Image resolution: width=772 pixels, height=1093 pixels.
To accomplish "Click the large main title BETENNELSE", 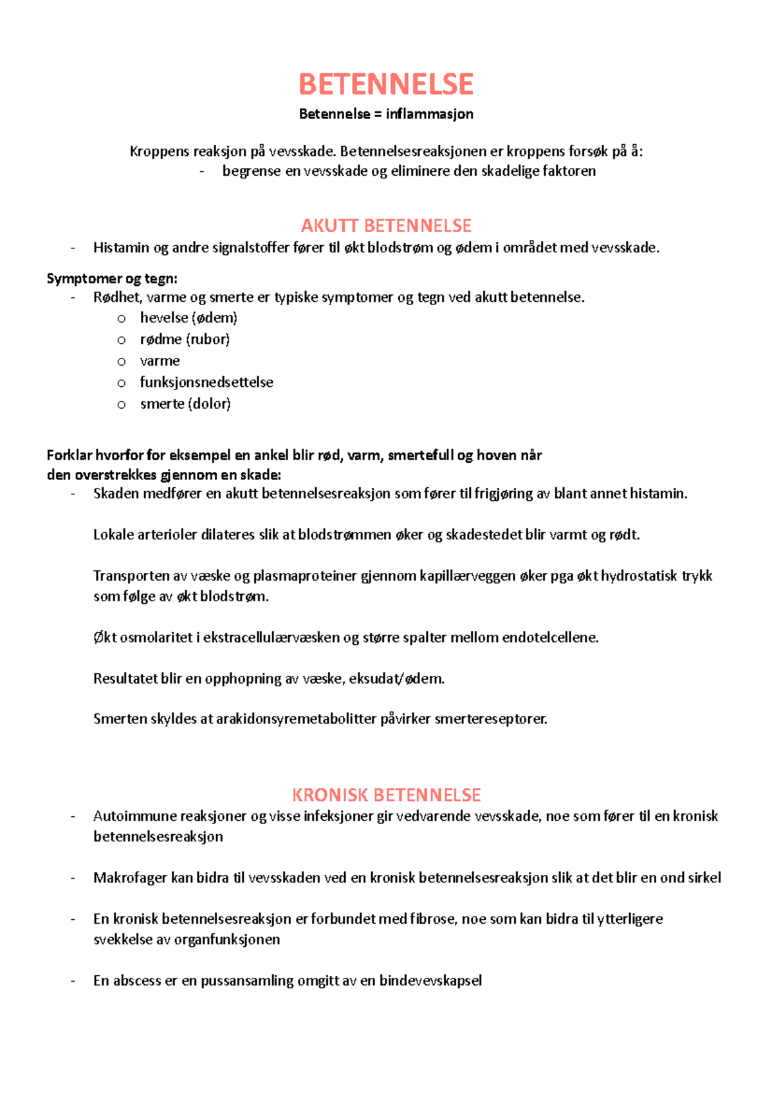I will click(x=386, y=84).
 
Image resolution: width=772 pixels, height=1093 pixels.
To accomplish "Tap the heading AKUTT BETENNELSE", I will click(x=386, y=225).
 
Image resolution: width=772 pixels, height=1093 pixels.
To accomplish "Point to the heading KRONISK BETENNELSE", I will click(x=386, y=795).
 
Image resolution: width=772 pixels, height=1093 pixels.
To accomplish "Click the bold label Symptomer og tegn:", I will click(x=112, y=279).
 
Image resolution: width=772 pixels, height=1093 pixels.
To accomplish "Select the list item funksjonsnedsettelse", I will click(x=207, y=382).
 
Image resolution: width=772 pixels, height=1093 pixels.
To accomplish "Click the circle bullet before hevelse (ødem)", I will click(x=122, y=319).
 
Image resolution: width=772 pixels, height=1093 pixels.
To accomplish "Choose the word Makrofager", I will click(x=130, y=878).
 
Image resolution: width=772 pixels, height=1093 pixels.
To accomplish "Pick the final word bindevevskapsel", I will click(x=430, y=981).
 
